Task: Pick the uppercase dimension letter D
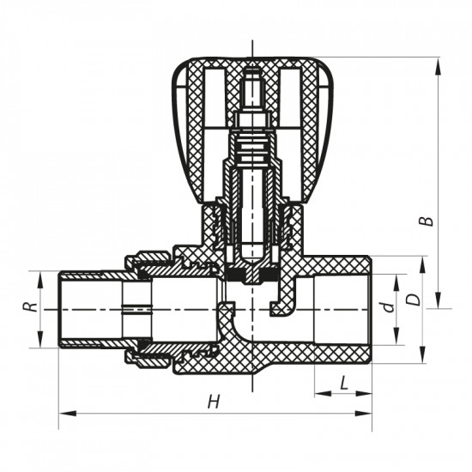tap(412, 300)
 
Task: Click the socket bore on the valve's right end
tap(343, 309)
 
